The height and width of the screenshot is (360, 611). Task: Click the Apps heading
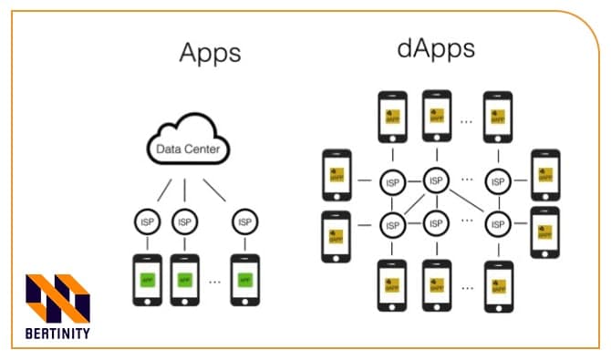point(209,53)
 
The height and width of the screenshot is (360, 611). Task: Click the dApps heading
point(435,48)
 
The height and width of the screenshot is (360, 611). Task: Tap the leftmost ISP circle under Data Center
point(146,221)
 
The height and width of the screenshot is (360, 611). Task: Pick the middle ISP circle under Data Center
point(185,221)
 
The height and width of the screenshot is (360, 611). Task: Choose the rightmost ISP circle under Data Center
point(243,221)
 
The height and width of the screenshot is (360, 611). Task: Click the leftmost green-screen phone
point(146,278)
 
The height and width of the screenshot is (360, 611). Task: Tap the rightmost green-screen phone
point(243,278)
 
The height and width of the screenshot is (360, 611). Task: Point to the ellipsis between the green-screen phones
point(214,281)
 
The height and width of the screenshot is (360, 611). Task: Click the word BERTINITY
point(57,334)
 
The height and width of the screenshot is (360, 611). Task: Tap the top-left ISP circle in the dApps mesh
point(393,180)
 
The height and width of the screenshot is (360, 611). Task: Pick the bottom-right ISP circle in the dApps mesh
point(498,222)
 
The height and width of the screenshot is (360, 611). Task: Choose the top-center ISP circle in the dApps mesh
point(438,180)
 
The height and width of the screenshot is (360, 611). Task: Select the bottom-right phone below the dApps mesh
point(498,285)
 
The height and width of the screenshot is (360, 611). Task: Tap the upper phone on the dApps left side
point(337,175)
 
